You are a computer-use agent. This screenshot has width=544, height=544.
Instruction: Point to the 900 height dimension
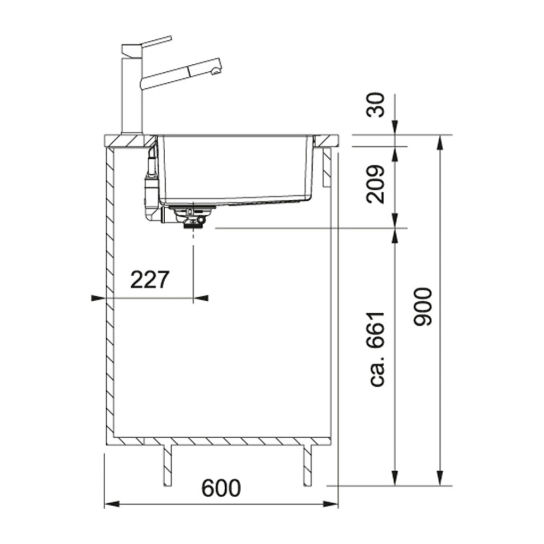point(426,307)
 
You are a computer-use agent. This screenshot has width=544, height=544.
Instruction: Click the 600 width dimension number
point(221,488)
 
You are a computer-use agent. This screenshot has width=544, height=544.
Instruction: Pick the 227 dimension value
point(149,280)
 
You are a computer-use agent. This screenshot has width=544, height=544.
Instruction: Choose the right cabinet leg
point(307,465)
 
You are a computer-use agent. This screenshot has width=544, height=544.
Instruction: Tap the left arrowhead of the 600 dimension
point(108,504)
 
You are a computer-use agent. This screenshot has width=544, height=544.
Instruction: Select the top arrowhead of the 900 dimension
point(440,141)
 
